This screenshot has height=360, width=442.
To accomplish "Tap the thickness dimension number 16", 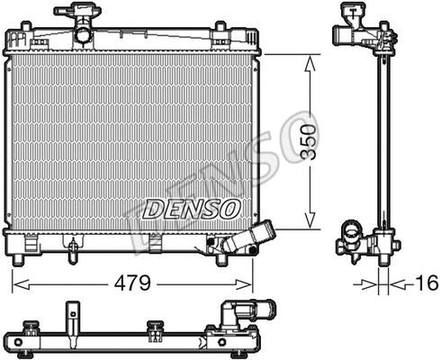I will tap(428, 283).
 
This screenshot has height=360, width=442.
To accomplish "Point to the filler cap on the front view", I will tap(77, 13).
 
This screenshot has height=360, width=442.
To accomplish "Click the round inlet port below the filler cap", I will tap(83, 34).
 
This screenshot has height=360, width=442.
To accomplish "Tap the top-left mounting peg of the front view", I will tap(16, 38).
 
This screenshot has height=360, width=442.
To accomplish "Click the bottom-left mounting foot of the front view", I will tap(17, 260).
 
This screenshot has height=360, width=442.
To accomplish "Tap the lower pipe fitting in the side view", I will tap(351, 243).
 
